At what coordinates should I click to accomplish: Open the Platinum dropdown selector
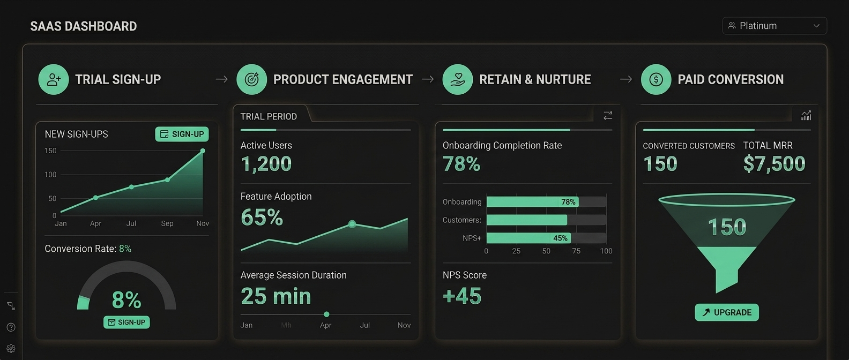tap(774, 26)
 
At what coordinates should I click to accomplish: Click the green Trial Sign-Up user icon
tap(54, 79)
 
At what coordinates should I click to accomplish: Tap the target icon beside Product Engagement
tap(252, 79)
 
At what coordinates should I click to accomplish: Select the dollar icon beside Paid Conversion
tap(656, 79)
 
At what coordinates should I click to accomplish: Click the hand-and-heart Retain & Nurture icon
tap(458, 79)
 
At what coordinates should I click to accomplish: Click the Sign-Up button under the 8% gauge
tap(126, 322)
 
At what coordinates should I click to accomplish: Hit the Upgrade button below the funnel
tap(727, 312)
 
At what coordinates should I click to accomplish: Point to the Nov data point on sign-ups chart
tap(203, 151)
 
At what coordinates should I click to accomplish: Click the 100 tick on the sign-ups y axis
tap(50, 175)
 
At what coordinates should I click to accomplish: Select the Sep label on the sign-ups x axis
tap(167, 223)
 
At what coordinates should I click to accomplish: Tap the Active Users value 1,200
tap(266, 164)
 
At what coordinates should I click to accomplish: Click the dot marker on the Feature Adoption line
tap(352, 224)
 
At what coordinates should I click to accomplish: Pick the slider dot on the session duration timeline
tap(326, 314)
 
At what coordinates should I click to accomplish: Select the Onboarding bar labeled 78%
tap(533, 201)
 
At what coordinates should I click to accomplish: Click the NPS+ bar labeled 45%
tap(528, 238)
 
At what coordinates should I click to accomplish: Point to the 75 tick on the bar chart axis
tap(576, 251)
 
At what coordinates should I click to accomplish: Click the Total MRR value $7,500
tap(774, 164)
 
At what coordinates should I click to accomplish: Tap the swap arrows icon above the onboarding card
tap(608, 115)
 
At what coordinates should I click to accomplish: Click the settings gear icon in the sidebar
tap(11, 348)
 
